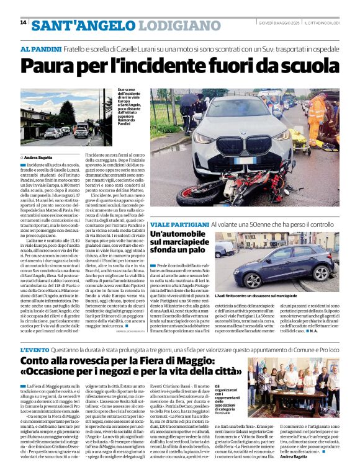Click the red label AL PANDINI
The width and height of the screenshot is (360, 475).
42,49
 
